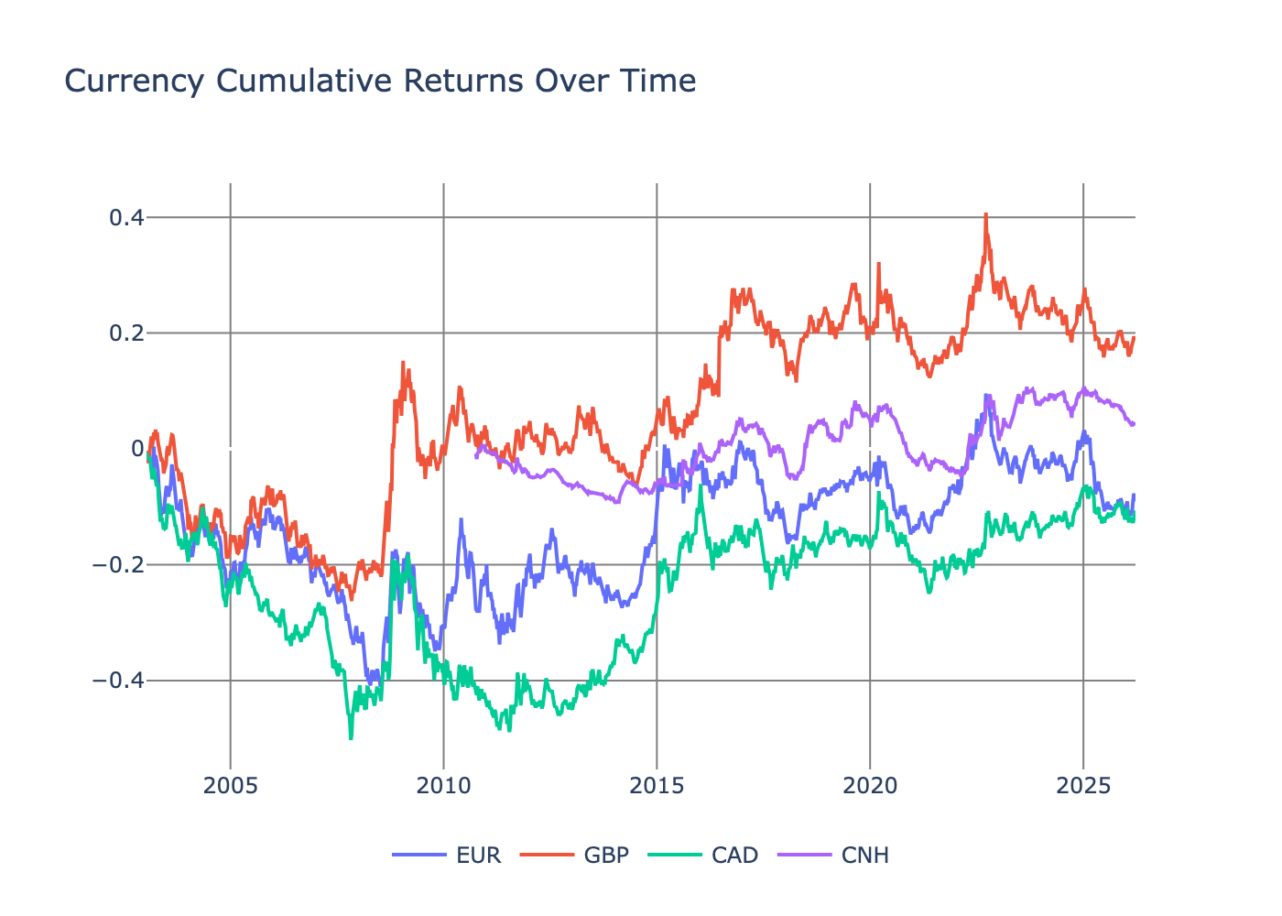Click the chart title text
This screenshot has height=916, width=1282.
coord(380,81)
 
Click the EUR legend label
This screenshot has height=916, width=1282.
coord(479,856)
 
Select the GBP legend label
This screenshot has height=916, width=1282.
coord(607,856)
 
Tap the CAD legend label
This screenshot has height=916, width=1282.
coord(735,856)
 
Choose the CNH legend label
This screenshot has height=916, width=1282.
coord(865,856)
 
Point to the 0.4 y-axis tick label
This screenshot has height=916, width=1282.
coord(126,218)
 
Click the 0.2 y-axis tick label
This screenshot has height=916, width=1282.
coord(126,333)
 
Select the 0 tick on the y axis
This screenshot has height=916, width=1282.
coord(137,449)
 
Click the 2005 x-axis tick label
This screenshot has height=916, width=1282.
coord(231,786)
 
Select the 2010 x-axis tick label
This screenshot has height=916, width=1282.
coord(444,786)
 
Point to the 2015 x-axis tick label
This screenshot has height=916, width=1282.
coord(657,786)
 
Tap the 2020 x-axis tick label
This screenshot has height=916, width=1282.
coord(870,786)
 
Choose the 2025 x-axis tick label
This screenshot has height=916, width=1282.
coord(1083,786)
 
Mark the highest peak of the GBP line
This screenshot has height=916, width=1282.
coord(985,215)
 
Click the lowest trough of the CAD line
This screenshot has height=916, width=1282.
coord(352,737)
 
